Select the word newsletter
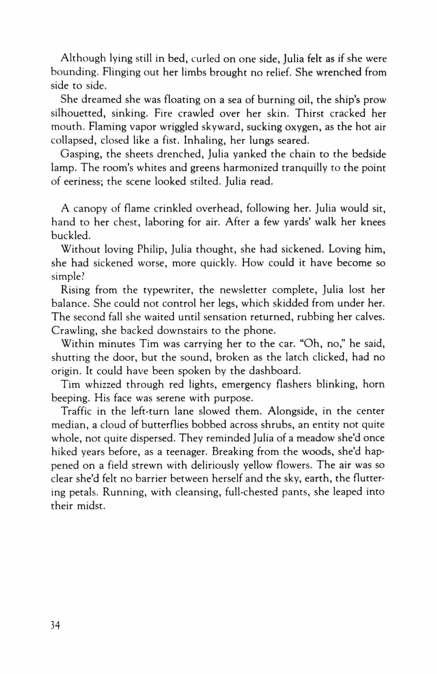pos(241,290)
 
